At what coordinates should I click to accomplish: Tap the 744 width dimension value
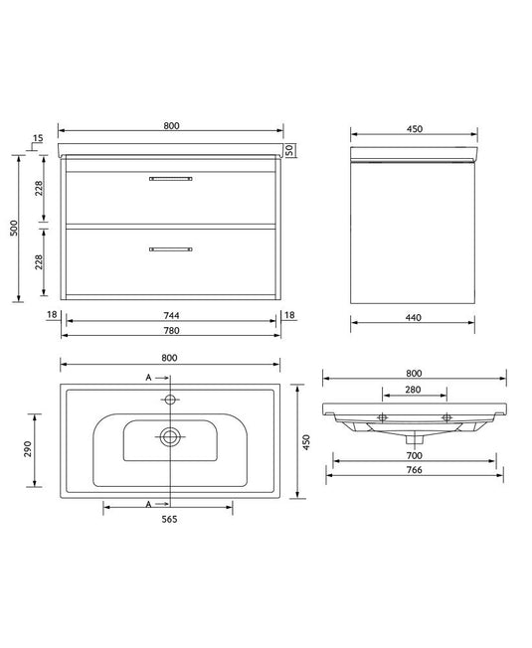coord(170,315)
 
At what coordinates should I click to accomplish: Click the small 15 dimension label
coord(37,138)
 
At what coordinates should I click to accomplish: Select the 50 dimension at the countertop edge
coord(289,150)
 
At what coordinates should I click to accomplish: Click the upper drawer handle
coord(170,179)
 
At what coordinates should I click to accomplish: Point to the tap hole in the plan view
coord(170,400)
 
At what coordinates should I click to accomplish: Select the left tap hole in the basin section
coord(381,415)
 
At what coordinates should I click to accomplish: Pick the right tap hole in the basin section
coord(447,415)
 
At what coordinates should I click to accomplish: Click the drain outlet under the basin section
coord(415,437)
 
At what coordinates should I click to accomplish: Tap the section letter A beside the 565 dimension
coord(148,505)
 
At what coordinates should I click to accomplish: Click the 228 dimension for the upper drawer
coord(39,189)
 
